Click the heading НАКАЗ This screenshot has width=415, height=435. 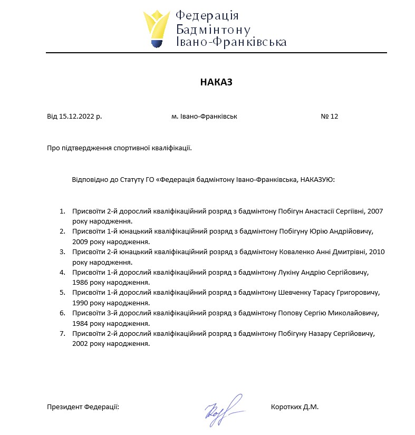[x=216, y=82]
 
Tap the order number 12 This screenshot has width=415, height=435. [x=334, y=117]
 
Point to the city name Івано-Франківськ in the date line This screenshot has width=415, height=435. [x=208, y=117]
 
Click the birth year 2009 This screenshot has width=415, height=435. [x=82, y=241]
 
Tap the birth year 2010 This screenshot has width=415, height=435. [x=377, y=252]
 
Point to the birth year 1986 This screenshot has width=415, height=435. [x=82, y=283]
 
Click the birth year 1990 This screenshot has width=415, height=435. [x=82, y=303]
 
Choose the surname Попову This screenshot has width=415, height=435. [x=291, y=313]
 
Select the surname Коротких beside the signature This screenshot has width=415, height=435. [x=286, y=407]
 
